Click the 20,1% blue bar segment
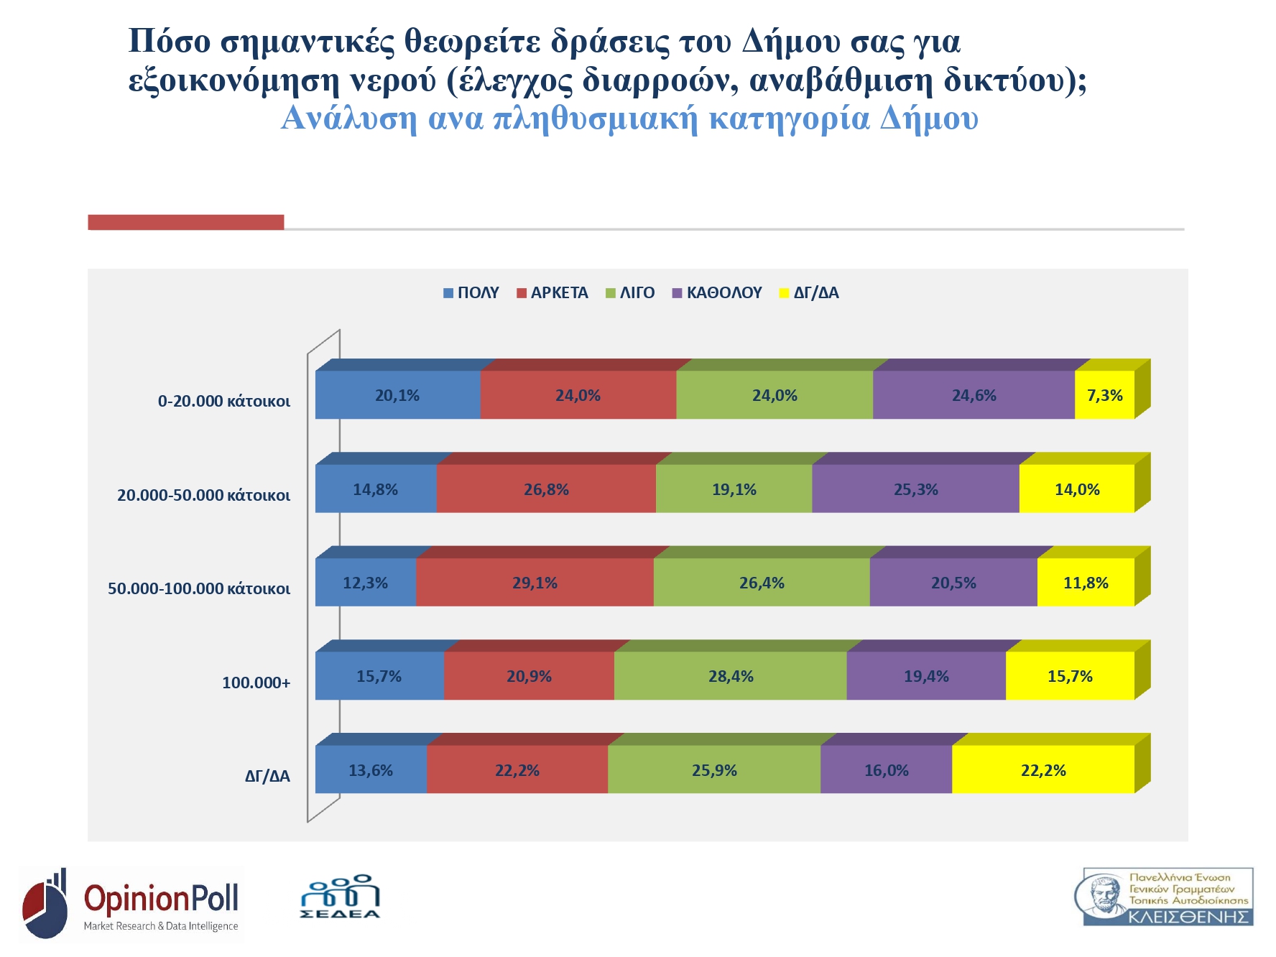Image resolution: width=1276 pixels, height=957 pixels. coord(397,395)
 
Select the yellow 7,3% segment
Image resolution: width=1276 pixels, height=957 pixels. coord(1104,395)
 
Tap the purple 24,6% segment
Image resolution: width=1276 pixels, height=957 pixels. coord(974,395)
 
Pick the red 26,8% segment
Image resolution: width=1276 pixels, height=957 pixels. coord(546,489)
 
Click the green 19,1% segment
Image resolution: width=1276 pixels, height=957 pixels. coord(734,489)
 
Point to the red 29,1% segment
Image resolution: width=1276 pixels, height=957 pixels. coord(535,583)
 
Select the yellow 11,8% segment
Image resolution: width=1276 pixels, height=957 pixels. coord(1086,583)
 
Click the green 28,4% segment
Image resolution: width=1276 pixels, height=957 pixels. coord(731,676)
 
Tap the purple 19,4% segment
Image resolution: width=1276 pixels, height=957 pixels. coord(926,676)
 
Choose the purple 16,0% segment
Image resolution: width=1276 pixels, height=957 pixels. coord(886,770)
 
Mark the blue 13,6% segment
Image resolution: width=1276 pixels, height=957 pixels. coord(371,770)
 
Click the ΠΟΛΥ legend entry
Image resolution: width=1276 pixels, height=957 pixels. coord(471,293)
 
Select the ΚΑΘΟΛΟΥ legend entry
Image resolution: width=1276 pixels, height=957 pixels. coord(717,293)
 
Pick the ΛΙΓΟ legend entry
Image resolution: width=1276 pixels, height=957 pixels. coord(630,293)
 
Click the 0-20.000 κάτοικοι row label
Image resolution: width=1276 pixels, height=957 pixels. coord(224,401)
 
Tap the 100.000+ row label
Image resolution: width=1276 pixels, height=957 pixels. coord(256,683)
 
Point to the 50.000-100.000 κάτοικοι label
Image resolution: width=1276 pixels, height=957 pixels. coord(199,588)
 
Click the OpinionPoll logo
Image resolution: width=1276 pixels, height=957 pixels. coord(131,904)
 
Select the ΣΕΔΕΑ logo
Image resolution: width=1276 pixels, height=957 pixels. coord(340,897)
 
